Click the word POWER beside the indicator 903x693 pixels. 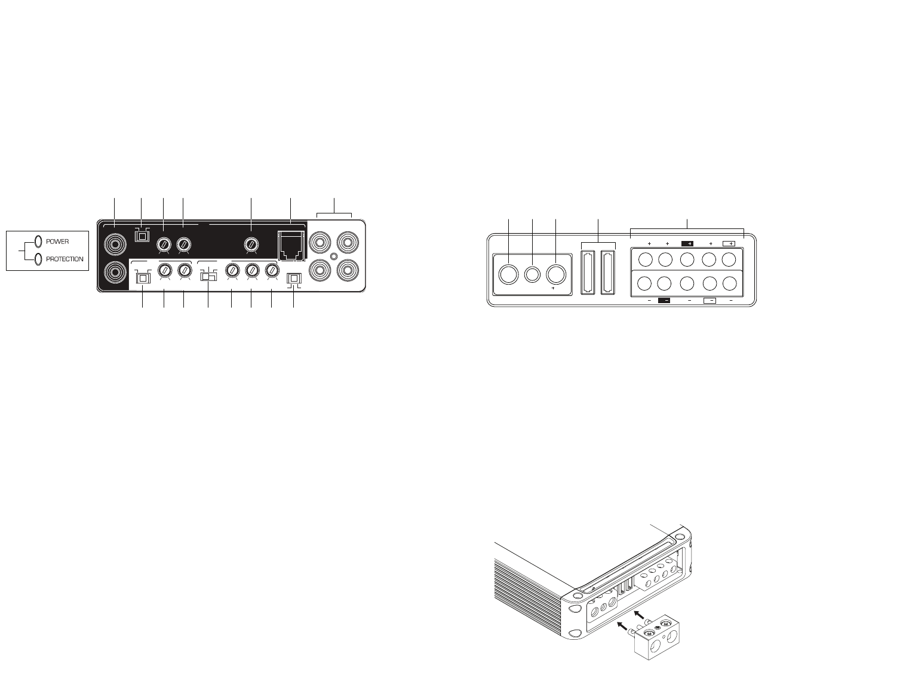tap(58, 241)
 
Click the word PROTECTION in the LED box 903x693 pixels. tap(64, 259)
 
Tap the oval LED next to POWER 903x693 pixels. tap(38, 241)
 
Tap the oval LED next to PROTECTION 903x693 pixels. tap(38, 259)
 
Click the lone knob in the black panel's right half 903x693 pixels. tap(251, 245)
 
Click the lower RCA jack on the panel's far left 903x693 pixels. tap(113, 273)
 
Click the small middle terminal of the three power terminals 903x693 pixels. tap(532, 274)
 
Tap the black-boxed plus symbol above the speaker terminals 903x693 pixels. tap(687, 244)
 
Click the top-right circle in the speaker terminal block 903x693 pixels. tap(729, 260)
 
